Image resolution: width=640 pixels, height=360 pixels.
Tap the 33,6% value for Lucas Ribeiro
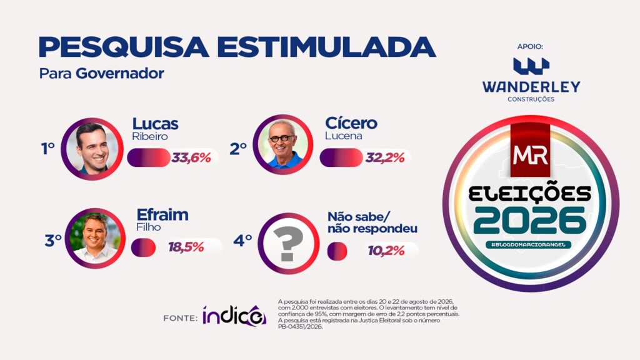[191, 157]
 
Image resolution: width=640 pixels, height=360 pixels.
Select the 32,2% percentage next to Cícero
[384, 157]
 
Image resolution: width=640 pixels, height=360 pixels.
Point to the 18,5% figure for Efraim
[186, 247]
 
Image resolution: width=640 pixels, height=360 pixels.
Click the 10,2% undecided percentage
[386, 251]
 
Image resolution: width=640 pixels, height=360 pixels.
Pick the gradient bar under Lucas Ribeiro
[149, 157]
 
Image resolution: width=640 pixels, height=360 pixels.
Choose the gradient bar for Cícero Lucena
[341, 157]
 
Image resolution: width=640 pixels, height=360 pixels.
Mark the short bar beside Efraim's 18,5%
[143, 247]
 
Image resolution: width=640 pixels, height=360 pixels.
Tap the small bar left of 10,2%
[337, 251]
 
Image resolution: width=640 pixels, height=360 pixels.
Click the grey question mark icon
[289, 244]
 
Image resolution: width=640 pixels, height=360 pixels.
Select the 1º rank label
[47, 149]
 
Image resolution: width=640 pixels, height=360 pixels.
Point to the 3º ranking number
[53, 241]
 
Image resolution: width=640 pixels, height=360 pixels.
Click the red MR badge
[530, 150]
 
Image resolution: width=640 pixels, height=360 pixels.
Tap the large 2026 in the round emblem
[531, 221]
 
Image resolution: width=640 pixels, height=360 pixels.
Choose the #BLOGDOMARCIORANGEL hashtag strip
[528, 245]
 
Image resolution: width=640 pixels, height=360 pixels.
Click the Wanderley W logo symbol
[531, 66]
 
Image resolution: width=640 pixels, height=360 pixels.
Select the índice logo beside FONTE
[234, 315]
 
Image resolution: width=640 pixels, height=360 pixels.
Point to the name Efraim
[162, 215]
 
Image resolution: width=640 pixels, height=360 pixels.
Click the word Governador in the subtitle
[120, 74]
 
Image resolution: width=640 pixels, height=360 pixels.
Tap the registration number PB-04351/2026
[301, 327]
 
